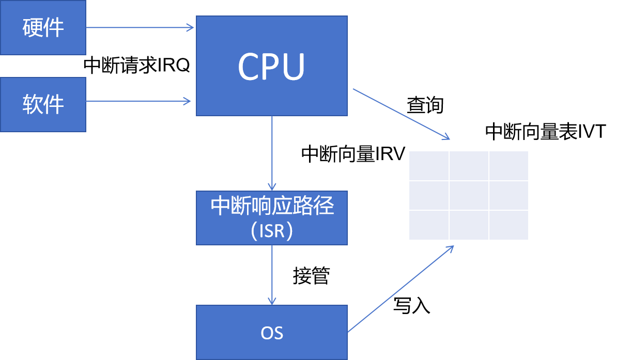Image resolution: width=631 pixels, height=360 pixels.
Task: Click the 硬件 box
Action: point(43,27)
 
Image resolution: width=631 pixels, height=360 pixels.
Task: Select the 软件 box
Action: point(43,104)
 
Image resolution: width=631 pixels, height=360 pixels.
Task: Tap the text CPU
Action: point(271,67)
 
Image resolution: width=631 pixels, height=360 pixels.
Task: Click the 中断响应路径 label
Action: point(272,206)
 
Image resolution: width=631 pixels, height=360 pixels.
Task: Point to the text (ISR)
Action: point(272,230)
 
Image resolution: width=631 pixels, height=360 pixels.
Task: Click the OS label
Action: point(272,333)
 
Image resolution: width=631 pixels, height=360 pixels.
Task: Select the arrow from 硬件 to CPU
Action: point(140,27)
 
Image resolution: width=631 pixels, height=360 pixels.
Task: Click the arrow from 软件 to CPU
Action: point(138,101)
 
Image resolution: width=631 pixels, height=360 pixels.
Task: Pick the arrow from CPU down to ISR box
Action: point(272,153)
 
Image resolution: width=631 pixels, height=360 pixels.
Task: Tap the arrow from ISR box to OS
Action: point(272,274)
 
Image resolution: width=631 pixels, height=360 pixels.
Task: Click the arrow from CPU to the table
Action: point(401,114)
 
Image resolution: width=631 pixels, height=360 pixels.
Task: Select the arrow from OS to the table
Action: point(401,289)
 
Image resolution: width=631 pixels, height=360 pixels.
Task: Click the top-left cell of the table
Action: point(429,166)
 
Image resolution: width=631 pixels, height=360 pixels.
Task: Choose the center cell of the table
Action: point(469,195)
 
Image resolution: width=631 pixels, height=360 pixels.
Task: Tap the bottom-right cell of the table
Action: point(509,225)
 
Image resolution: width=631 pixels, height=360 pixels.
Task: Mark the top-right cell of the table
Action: point(509,166)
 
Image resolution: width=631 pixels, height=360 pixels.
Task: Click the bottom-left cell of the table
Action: point(429,225)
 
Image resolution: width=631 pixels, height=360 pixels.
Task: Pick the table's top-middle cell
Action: point(469,166)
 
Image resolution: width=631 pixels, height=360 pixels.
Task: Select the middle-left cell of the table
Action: point(429,195)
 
